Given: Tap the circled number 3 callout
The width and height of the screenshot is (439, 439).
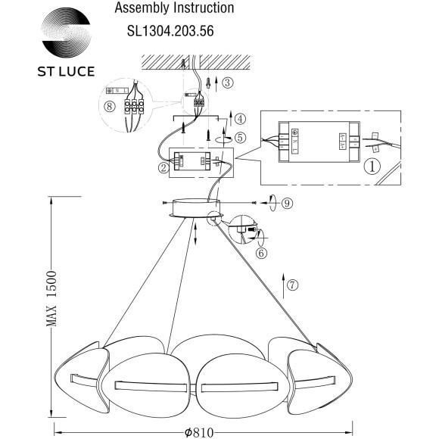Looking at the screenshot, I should (227, 82).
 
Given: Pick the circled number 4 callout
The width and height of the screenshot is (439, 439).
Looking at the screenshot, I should (239, 119).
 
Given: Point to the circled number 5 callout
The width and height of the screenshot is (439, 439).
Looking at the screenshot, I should (239, 138).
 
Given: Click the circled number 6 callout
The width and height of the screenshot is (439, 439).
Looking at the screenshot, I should (261, 253).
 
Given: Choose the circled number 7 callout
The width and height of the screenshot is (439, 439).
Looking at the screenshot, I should (293, 285).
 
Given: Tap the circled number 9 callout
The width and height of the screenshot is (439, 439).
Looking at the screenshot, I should (287, 203).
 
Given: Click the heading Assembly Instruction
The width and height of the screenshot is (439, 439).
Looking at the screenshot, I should (173, 9).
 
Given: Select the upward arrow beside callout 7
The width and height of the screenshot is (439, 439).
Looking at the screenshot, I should (283, 285).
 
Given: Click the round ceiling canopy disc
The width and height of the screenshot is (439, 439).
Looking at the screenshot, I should (193, 207).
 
